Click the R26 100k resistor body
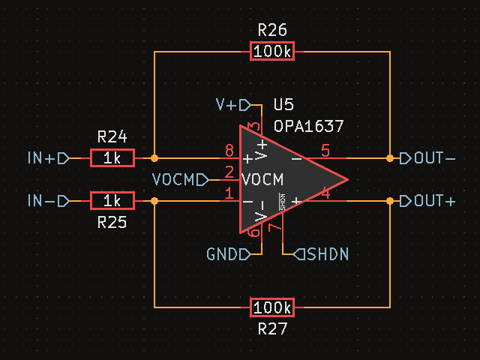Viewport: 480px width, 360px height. point(272,52)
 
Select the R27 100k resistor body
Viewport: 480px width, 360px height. point(272,307)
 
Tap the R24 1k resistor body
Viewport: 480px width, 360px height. point(112,158)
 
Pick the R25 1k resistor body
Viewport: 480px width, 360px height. point(112,201)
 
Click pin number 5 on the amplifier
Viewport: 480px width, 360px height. point(325,151)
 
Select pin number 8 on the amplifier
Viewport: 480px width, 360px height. point(229,151)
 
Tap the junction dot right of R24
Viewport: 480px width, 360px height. point(154,158)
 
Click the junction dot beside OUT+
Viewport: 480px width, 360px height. point(390,201)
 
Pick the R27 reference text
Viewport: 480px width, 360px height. point(272,329)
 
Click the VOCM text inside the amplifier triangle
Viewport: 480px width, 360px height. point(262,180)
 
